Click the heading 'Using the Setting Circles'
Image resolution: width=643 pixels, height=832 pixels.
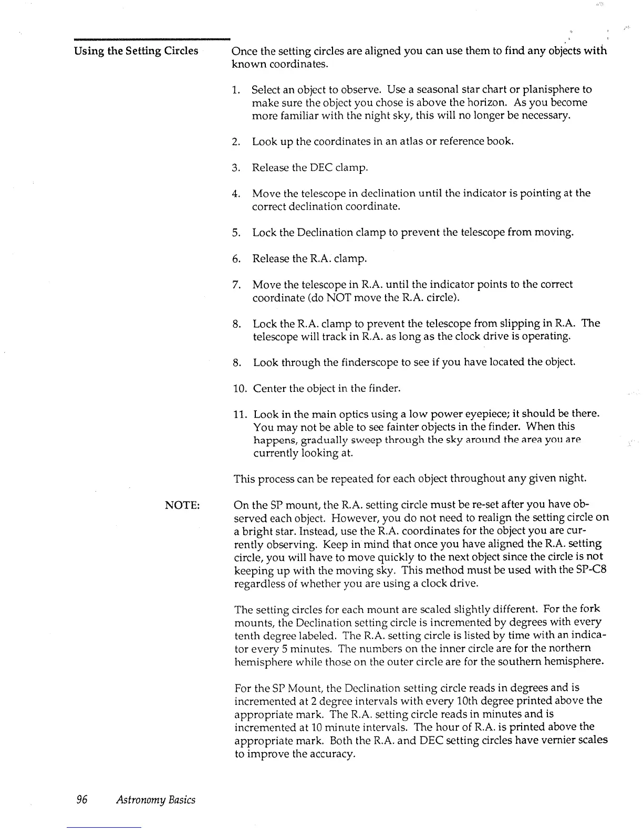point(136,51)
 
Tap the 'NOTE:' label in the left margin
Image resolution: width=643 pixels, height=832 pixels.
point(182,505)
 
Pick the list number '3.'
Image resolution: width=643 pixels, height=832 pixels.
point(236,168)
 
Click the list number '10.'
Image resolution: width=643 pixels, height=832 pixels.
point(239,389)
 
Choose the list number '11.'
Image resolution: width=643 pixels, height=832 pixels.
point(239,414)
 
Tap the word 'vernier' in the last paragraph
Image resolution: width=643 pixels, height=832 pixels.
point(542,740)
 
